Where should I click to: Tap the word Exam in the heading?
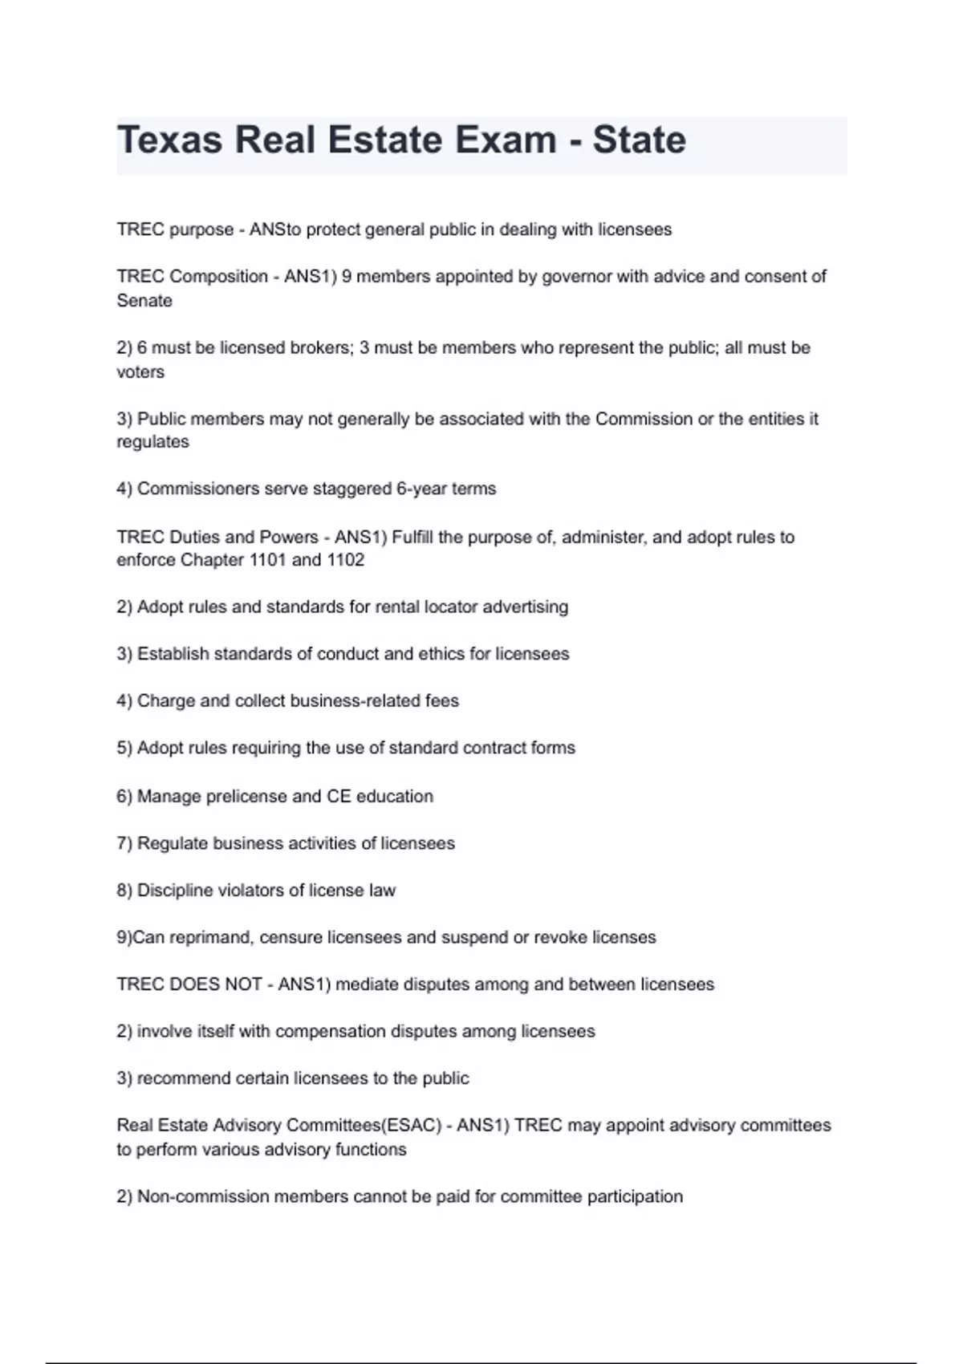click(506, 140)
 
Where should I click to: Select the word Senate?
click(144, 300)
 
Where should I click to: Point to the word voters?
click(140, 371)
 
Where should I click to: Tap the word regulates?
click(152, 441)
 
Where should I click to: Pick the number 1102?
click(345, 559)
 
